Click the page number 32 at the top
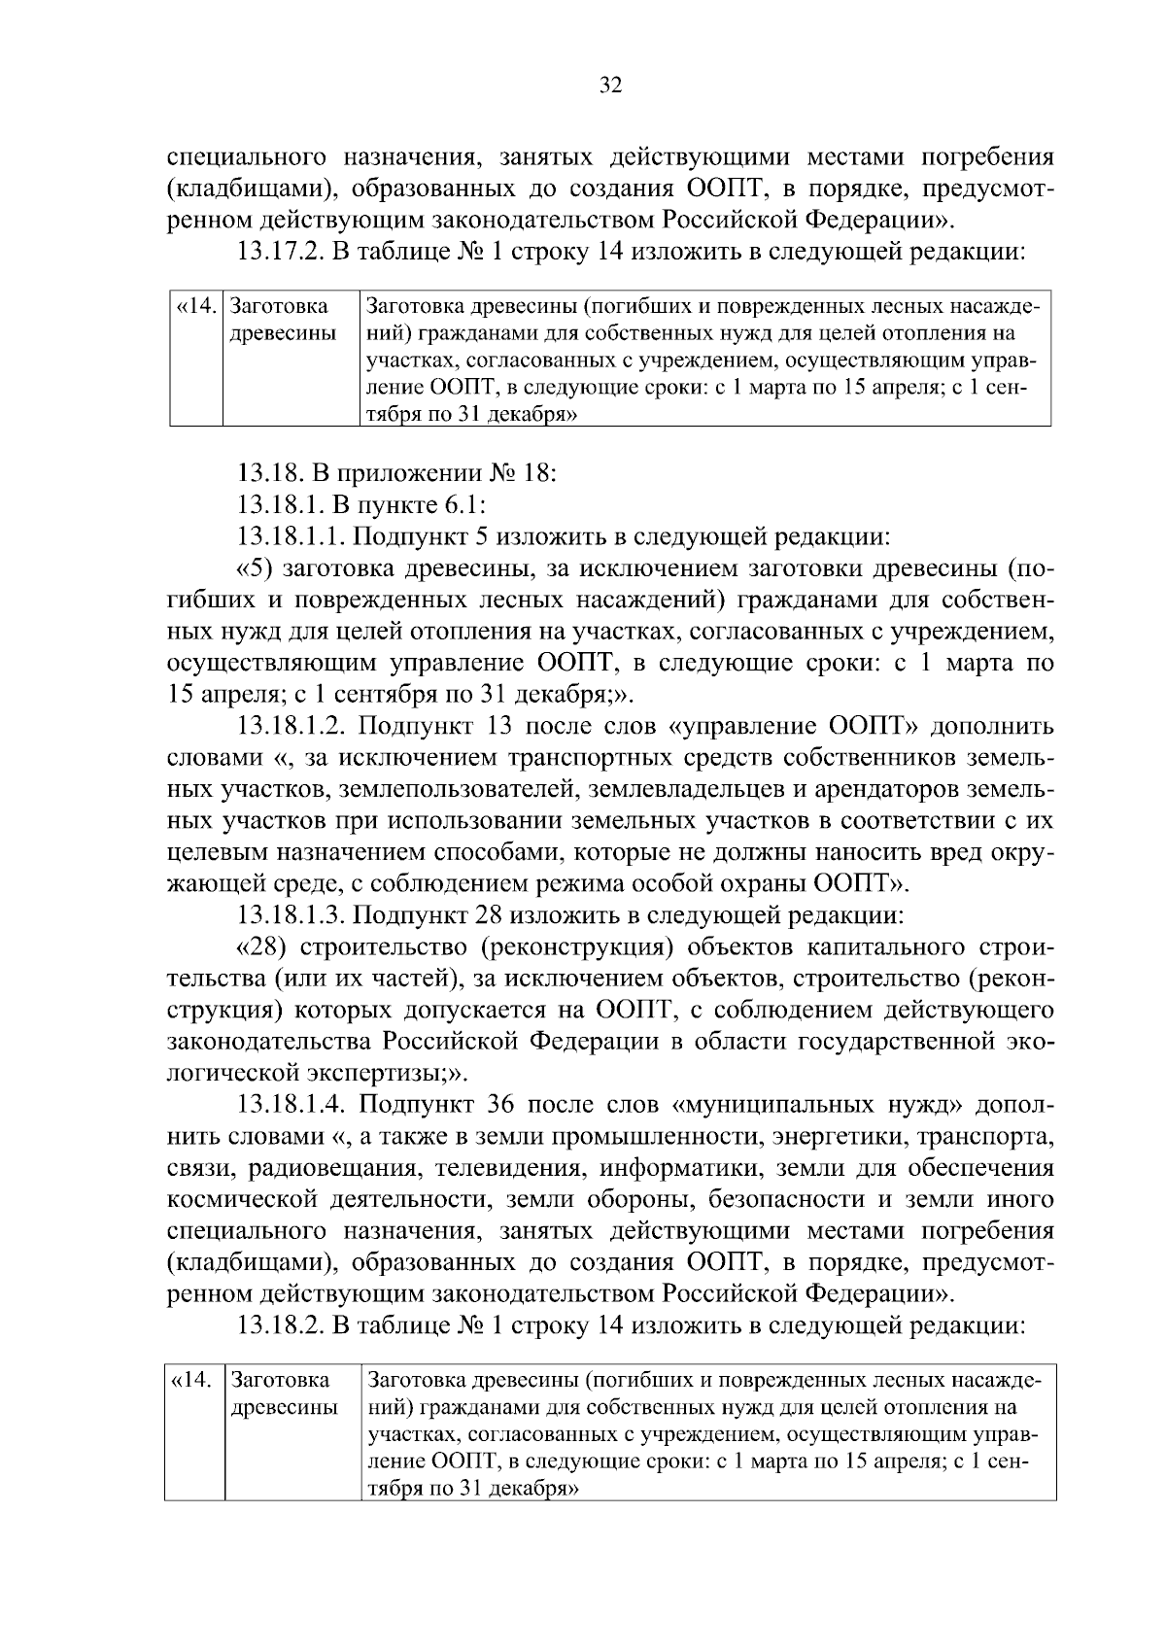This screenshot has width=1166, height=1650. click(x=610, y=86)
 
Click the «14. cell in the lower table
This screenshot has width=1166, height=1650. click(x=194, y=1381)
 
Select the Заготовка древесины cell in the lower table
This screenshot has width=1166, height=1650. click(x=283, y=1394)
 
